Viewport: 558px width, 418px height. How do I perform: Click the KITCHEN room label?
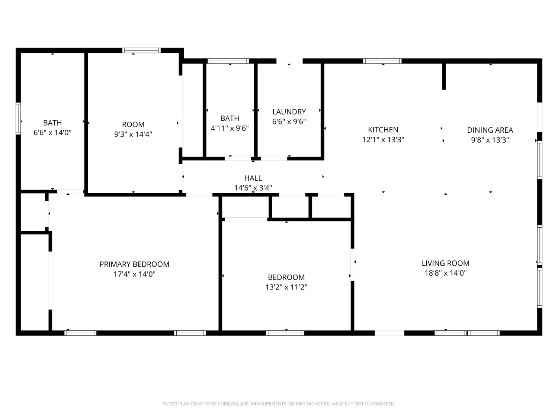pyautogui.click(x=383, y=130)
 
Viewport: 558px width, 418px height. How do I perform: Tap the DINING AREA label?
pyautogui.click(x=490, y=130)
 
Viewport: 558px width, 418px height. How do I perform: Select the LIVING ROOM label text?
pyautogui.click(x=445, y=263)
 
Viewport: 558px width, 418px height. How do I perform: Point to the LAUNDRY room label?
pyautogui.click(x=289, y=111)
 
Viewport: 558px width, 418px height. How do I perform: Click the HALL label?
pyautogui.click(x=253, y=178)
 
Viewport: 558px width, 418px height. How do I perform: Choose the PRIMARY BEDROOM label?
pyautogui.click(x=134, y=264)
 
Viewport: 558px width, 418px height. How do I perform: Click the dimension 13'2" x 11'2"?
pyautogui.click(x=286, y=287)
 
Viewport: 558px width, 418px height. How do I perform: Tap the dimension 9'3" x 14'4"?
pyautogui.click(x=133, y=134)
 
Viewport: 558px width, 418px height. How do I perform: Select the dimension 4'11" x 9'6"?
pyautogui.click(x=230, y=128)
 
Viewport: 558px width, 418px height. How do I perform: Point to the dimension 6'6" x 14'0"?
pyautogui.click(x=52, y=132)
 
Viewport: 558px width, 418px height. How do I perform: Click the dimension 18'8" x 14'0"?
pyautogui.click(x=445, y=273)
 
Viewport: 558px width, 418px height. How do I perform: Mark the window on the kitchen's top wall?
pyautogui.click(x=382, y=61)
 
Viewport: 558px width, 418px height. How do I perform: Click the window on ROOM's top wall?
pyautogui.click(x=141, y=51)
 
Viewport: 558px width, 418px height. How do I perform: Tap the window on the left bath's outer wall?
pyautogui.click(x=18, y=119)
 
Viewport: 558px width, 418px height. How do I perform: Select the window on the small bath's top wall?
pyautogui.click(x=228, y=61)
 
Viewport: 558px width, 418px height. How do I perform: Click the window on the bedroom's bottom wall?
pyautogui.click(x=285, y=333)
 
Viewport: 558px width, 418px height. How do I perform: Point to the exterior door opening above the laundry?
pyautogui.click(x=289, y=61)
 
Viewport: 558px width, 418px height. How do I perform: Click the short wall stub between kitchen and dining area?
pyautogui.click(x=444, y=77)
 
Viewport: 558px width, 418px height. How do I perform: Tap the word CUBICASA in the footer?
pyautogui.click(x=228, y=404)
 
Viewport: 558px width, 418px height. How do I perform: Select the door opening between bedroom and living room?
pyautogui.click(x=352, y=264)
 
